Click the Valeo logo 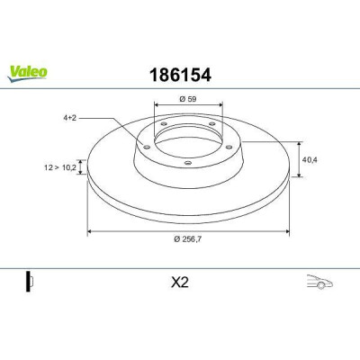coord(27,73)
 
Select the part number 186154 coord(180,75)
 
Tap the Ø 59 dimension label coord(188,99)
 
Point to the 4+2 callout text coord(70,118)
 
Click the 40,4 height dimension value coord(310,160)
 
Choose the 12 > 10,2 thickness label coord(60,167)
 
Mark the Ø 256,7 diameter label coord(188,239)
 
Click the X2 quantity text coord(180,283)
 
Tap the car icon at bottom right coord(319,282)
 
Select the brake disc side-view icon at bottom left coord(29,282)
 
